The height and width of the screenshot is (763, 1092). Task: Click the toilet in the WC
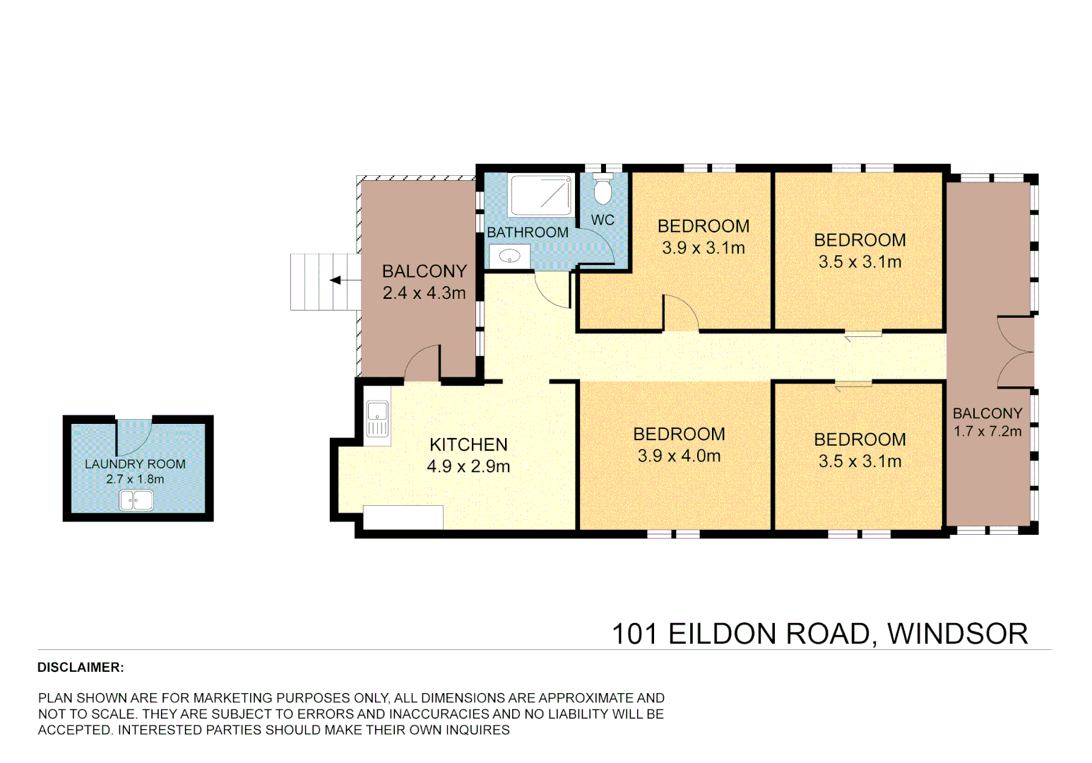click(x=603, y=189)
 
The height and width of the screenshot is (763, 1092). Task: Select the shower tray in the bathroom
click(x=540, y=195)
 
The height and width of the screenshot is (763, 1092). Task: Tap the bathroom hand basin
click(x=509, y=256)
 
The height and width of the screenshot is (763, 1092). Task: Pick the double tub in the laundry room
click(x=136, y=500)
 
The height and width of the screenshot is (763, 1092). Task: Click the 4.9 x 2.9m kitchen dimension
click(x=468, y=466)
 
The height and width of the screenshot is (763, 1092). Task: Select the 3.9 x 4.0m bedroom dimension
click(x=679, y=456)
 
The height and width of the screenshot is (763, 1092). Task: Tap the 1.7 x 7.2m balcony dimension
click(x=987, y=432)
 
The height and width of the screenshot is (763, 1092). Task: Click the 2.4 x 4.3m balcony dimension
click(x=424, y=293)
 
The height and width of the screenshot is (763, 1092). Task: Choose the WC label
click(x=603, y=220)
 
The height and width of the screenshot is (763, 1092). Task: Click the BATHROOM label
click(x=528, y=232)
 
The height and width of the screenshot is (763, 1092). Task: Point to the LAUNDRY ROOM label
click(x=135, y=464)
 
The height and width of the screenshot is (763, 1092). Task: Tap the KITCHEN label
click(x=468, y=444)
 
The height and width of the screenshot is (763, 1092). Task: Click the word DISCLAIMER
click(x=81, y=668)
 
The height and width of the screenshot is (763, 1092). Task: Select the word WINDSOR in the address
click(x=957, y=634)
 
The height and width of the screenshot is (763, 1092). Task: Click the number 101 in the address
click(x=634, y=634)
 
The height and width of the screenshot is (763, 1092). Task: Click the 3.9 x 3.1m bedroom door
click(x=680, y=314)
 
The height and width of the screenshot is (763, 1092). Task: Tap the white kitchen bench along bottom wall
click(x=403, y=517)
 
